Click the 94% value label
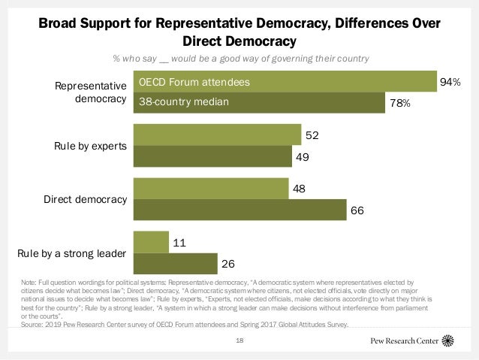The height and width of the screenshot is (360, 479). point(450,81)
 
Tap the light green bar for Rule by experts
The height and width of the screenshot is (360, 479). point(217,136)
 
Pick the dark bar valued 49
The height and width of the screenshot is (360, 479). point(211,157)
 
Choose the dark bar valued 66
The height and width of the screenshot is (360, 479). point(239,211)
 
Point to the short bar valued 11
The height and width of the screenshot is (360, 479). point(150,242)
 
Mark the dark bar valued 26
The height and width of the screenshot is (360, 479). point(174,264)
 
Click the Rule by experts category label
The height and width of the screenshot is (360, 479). point(89,145)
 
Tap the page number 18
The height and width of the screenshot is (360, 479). point(239,340)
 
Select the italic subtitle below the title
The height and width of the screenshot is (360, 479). point(239,58)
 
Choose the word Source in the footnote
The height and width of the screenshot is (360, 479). point(35,325)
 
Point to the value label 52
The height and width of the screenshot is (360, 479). point(309,136)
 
